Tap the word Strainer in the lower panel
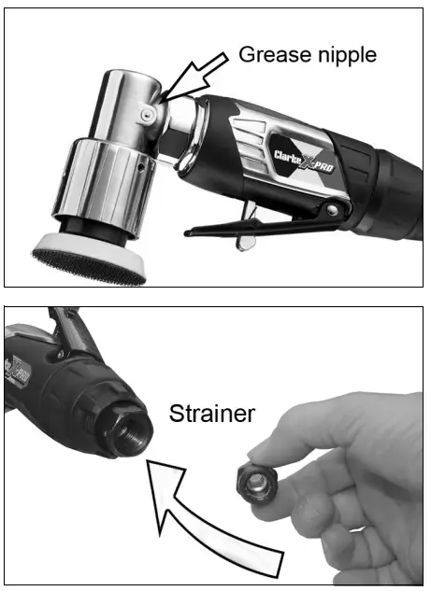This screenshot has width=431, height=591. pyautogui.click(x=211, y=412)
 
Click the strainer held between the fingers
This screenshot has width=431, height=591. pyautogui.click(x=251, y=485)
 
